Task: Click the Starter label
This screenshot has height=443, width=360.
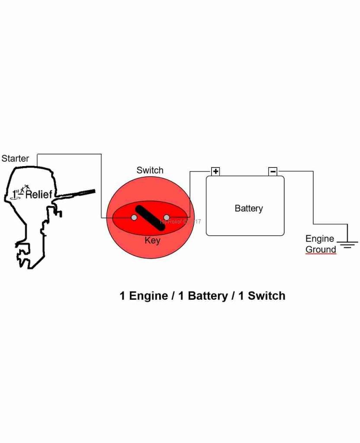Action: coord(15,158)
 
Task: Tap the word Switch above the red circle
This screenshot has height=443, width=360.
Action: coord(150,170)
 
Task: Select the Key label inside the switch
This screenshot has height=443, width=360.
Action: coord(152,241)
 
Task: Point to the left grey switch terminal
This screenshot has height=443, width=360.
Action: coord(134,217)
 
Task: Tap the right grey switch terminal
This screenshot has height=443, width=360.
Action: coord(166,217)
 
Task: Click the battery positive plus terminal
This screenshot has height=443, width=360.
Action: coord(215,171)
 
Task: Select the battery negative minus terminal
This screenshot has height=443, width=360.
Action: coord(273,171)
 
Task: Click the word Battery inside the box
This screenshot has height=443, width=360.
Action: coord(248,209)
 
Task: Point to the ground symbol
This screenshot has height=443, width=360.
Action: coord(347,245)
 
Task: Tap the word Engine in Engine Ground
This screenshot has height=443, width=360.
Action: coord(319,239)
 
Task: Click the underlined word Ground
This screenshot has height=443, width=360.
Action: coord(321,250)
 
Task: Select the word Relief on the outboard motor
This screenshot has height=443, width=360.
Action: coord(39,195)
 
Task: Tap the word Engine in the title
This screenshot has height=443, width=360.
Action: coord(149,296)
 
